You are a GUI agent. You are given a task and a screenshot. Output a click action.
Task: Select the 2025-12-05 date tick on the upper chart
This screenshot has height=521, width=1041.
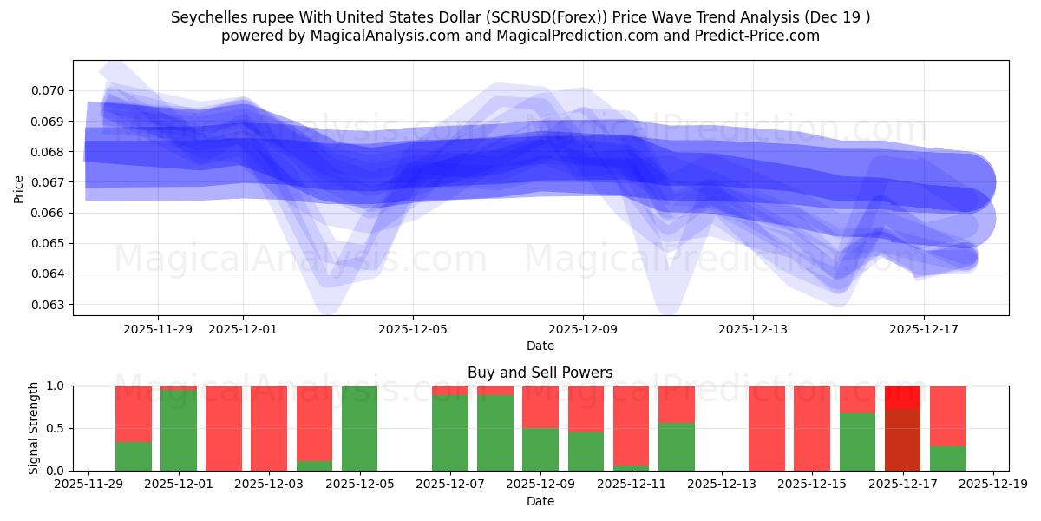pos(413,329)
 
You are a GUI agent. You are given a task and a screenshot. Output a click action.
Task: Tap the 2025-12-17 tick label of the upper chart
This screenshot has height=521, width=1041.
pos(923,329)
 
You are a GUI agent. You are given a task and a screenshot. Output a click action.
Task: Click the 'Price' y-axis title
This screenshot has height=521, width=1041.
pos(19,188)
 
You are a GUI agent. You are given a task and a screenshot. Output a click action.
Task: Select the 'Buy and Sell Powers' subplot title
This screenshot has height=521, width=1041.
pos(540,373)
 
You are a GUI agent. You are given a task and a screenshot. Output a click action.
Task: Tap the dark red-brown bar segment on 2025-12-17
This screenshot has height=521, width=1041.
pos(902,439)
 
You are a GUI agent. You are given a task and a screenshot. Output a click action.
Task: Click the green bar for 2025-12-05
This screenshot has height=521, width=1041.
pos(359,428)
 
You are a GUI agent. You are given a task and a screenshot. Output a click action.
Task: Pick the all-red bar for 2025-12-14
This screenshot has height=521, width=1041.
pos(767,428)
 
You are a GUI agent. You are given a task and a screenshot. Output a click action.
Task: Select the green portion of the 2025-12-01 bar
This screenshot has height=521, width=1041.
pos(179,431)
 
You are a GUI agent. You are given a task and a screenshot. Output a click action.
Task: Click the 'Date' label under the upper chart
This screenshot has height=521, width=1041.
pos(540,346)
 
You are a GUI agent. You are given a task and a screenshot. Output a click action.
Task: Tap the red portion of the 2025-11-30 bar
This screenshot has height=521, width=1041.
pos(134,413)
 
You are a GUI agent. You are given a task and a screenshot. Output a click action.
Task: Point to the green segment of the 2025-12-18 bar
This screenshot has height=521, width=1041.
pos(947,458)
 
